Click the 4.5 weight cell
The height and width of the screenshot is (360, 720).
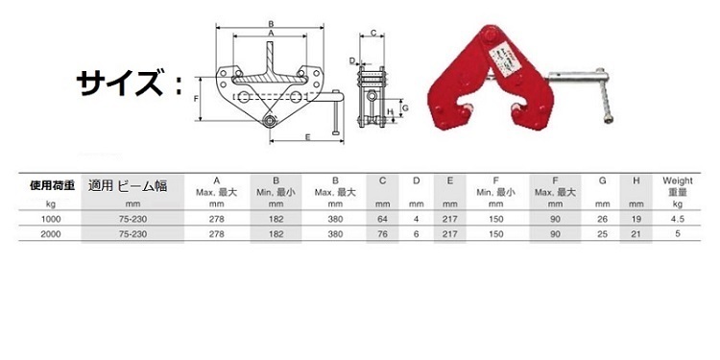[x=678, y=219]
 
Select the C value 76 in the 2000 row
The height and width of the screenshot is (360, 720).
[x=382, y=234]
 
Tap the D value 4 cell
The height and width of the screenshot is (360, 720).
[x=416, y=219]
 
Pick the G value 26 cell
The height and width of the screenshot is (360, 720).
[x=603, y=219]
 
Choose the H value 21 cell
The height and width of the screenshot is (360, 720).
[x=636, y=234]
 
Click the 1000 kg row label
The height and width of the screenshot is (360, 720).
[x=51, y=219]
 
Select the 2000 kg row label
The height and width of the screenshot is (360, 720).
[x=51, y=234]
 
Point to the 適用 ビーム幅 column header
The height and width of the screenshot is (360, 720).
[x=128, y=186]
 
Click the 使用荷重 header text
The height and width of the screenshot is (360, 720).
[x=52, y=186]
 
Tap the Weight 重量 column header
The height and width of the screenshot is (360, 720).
[x=678, y=186]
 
